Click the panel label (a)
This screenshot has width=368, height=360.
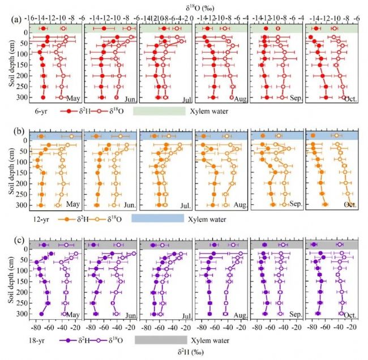[x=16, y=19]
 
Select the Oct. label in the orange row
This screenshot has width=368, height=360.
[x=350, y=204]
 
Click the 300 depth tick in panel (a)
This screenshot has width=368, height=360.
[x=23, y=97]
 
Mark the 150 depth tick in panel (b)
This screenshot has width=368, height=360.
[x=23, y=173]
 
